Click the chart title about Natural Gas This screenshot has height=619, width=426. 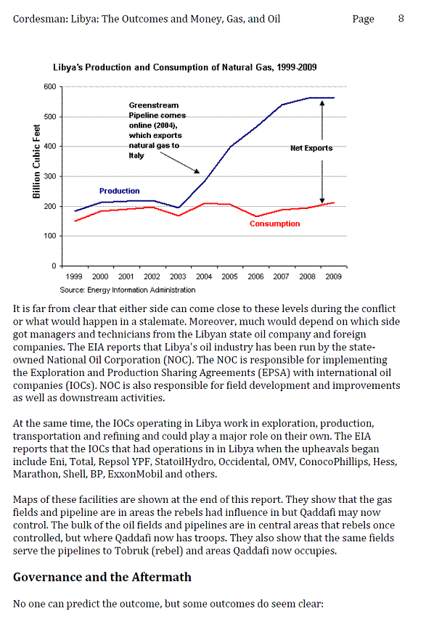tap(185, 67)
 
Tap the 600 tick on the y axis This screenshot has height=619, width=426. tap(50, 87)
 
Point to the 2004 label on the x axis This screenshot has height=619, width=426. tap(204, 276)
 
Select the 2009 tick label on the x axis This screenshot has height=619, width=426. tap(334, 276)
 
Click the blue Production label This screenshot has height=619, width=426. tap(120, 191)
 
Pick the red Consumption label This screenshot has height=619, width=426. tap(275, 224)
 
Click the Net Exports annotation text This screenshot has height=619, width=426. tap(311, 148)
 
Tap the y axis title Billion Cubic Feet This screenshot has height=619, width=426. tap(36, 161)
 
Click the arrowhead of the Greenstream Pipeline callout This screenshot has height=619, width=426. tap(197, 171)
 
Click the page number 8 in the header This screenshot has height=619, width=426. tap(401, 19)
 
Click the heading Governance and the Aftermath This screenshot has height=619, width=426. tap(102, 577)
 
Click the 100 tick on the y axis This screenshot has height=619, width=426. tap(50, 236)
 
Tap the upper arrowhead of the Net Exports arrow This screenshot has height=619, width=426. tap(322, 103)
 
